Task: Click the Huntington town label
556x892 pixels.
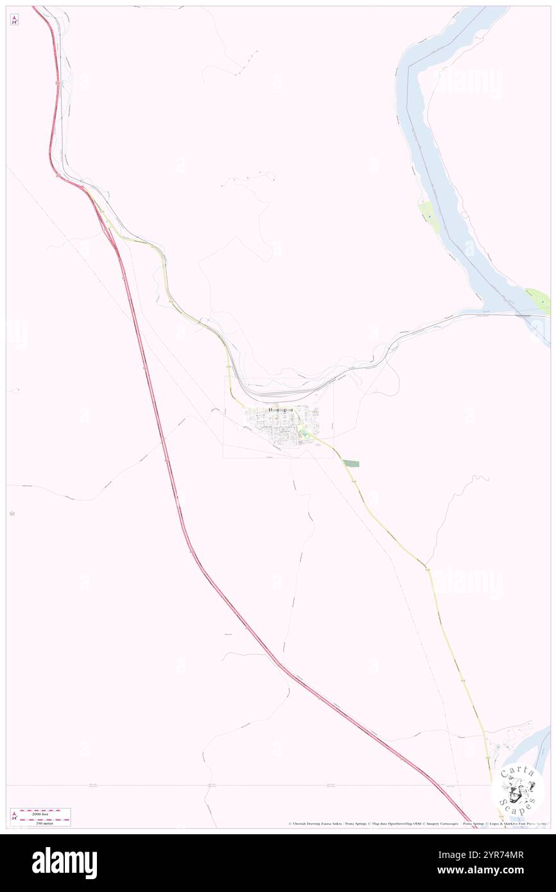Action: (x=281, y=409)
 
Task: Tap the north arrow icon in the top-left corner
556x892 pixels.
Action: (x=14, y=20)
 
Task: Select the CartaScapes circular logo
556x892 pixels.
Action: (x=517, y=791)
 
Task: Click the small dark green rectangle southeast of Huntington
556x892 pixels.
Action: (x=351, y=463)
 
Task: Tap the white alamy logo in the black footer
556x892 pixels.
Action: (x=64, y=863)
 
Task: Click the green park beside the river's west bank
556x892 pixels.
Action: (x=428, y=216)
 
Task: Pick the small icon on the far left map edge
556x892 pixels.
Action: (x=12, y=513)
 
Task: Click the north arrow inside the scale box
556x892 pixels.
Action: (x=14, y=816)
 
